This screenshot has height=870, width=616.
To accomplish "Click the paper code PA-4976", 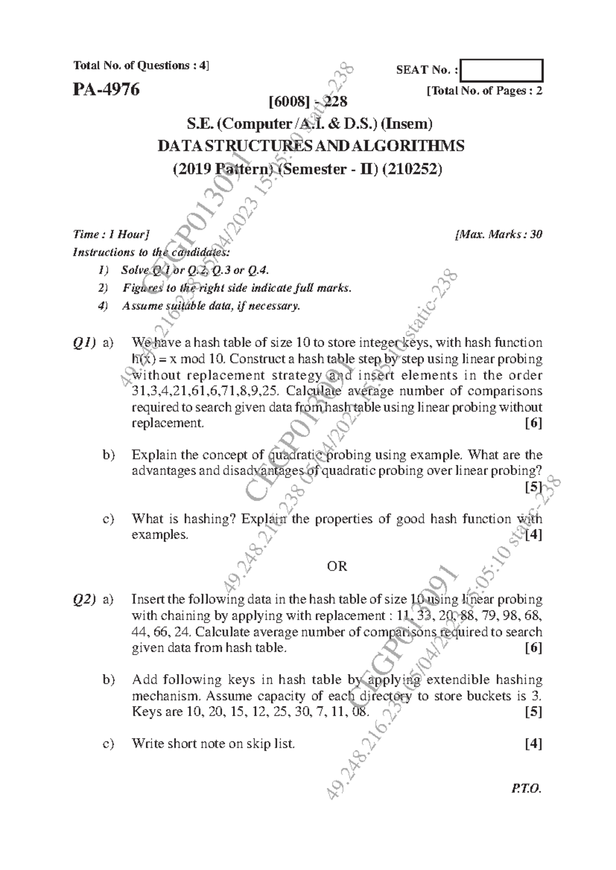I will (106, 90).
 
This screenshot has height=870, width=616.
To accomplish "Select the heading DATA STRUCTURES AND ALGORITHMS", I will (311, 146).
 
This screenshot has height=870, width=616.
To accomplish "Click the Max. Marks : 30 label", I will (498, 234).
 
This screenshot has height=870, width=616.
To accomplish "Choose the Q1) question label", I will (84, 342).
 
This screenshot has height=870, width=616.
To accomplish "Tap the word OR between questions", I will (337, 566).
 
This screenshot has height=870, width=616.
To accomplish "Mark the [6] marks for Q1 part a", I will (533, 423).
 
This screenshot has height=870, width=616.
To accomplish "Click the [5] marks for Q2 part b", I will (533, 712).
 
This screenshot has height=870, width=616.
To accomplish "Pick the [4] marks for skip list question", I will (533, 744).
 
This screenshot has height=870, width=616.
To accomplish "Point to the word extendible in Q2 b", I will (458, 680).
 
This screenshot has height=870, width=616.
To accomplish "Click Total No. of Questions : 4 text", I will (142, 66).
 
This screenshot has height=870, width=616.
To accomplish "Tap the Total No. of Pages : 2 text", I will (484, 91).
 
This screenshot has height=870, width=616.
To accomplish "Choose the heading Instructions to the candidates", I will (151, 252).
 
